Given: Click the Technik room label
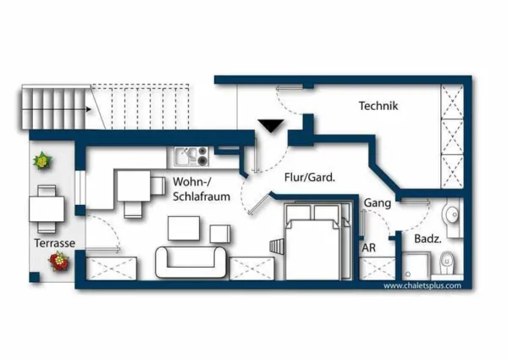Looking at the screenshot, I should pyautogui.click(x=378, y=107).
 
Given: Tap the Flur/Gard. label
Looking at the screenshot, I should pyautogui.click(x=310, y=178).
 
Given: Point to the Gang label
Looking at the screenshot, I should pyautogui.click(x=376, y=204).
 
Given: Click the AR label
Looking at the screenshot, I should pyautogui.click(x=369, y=248).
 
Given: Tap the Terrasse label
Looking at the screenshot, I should pyautogui.click(x=55, y=243).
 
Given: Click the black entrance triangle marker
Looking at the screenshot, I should pyautogui.click(x=271, y=126).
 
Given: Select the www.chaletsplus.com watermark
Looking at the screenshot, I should pyautogui.click(x=422, y=285).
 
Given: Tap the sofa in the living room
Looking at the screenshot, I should pyautogui.click(x=191, y=263).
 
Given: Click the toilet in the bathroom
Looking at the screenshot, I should pyautogui.click(x=448, y=263).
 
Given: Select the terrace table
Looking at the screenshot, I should pyautogui.click(x=45, y=208).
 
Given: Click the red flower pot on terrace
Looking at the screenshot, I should pyautogui.click(x=60, y=262).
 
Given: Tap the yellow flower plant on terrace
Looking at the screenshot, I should pyautogui.click(x=41, y=159).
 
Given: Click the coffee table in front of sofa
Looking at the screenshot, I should pyautogui.click(x=184, y=230).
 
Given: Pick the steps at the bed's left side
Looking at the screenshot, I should pyautogui.click(x=277, y=246).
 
